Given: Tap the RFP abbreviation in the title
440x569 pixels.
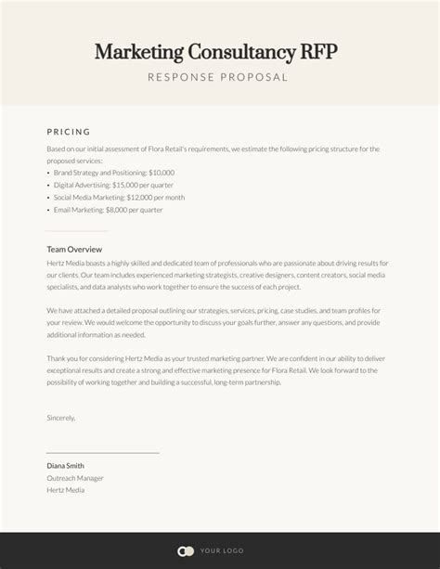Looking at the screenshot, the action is tap(317, 51).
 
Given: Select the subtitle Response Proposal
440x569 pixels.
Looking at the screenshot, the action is tap(219, 77).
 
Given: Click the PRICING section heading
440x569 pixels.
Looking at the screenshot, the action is tap(69, 132).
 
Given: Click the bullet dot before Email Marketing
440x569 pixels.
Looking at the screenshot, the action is tap(48, 210).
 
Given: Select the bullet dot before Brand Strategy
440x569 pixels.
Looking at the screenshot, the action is tap(48, 173).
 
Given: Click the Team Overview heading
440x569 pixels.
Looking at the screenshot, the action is tap(74, 250).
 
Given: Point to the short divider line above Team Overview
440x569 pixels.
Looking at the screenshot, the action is tap(77, 230).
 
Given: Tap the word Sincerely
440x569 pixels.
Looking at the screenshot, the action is tap(61, 418).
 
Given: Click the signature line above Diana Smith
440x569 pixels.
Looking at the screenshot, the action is tap(102, 452).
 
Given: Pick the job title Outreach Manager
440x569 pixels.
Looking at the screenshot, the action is tap(75, 478).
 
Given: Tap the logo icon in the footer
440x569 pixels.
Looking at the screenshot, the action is tap(186, 550).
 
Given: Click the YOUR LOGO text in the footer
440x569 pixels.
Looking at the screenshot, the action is tap(221, 550).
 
